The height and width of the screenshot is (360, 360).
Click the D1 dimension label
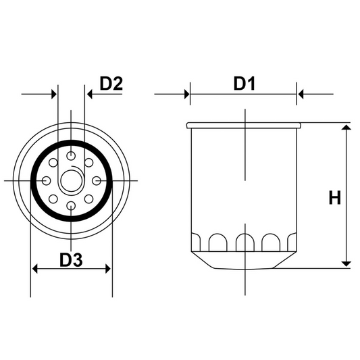click(243, 84)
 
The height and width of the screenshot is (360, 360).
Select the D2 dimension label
click(111, 84)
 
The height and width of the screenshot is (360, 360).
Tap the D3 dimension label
click(71, 259)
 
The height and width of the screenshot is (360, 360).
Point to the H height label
click(334, 197)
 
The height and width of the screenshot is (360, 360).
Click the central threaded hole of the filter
click(72, 180)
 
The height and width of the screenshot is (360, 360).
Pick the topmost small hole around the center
click(72, 155)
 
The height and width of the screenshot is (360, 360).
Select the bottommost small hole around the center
click(72, 205)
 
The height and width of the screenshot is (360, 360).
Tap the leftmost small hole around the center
click(46, 180)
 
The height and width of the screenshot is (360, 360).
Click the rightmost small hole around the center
click(97, 180)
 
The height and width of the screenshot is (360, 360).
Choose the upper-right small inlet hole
click(89, 163)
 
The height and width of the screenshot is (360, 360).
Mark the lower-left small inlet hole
click(54, 199)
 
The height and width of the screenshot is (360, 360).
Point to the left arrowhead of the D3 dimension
click(36, 269)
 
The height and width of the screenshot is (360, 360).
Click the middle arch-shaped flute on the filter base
click(243, 242)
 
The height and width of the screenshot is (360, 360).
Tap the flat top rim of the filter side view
click(243, 125)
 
